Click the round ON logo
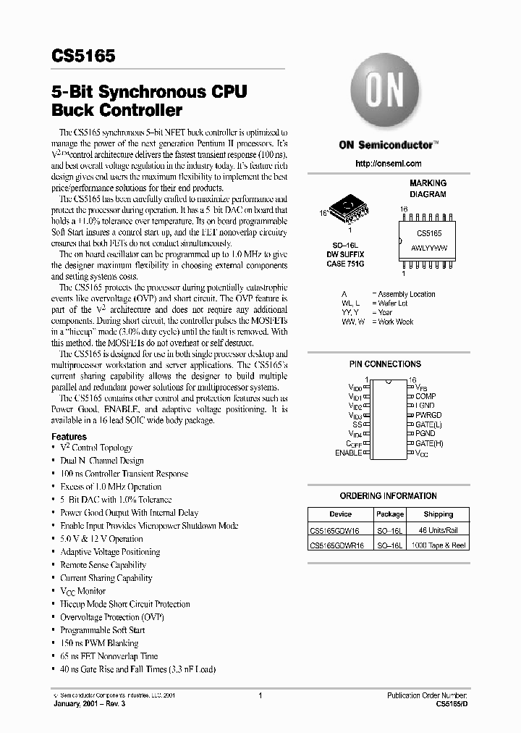coord(391,93)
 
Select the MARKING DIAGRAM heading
coord(428,188)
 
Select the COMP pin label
coord(425,397)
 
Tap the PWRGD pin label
coord(428,415)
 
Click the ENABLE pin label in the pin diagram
coord(349,453)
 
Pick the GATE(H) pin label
coord(429,443)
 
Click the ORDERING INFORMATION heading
coord(388,496)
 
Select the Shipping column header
coord(438,514)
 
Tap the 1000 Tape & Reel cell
coord(438,545)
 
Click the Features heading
coord(69,437)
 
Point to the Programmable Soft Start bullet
coord(103,630)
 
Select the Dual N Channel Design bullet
coord(102,461)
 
